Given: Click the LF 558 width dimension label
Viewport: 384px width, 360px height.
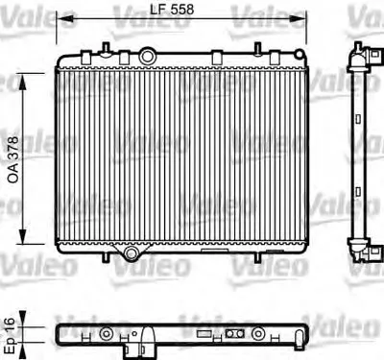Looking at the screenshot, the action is [172, 10].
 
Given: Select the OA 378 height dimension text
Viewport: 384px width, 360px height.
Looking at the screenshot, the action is [13, 159].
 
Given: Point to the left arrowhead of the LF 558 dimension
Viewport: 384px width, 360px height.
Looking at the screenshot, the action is [65, 19].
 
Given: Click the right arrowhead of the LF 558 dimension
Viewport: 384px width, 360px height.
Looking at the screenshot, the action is [298, 19].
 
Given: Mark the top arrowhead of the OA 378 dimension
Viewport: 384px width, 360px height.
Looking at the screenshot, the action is [23, 83].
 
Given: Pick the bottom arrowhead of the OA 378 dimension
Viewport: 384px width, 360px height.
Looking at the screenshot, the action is [23, 235].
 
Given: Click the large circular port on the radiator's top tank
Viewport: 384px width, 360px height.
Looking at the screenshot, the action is [147, 57].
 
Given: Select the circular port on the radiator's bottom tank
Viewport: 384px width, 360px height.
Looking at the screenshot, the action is [131, 253].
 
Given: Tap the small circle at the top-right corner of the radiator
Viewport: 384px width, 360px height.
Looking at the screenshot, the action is [299, 54].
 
